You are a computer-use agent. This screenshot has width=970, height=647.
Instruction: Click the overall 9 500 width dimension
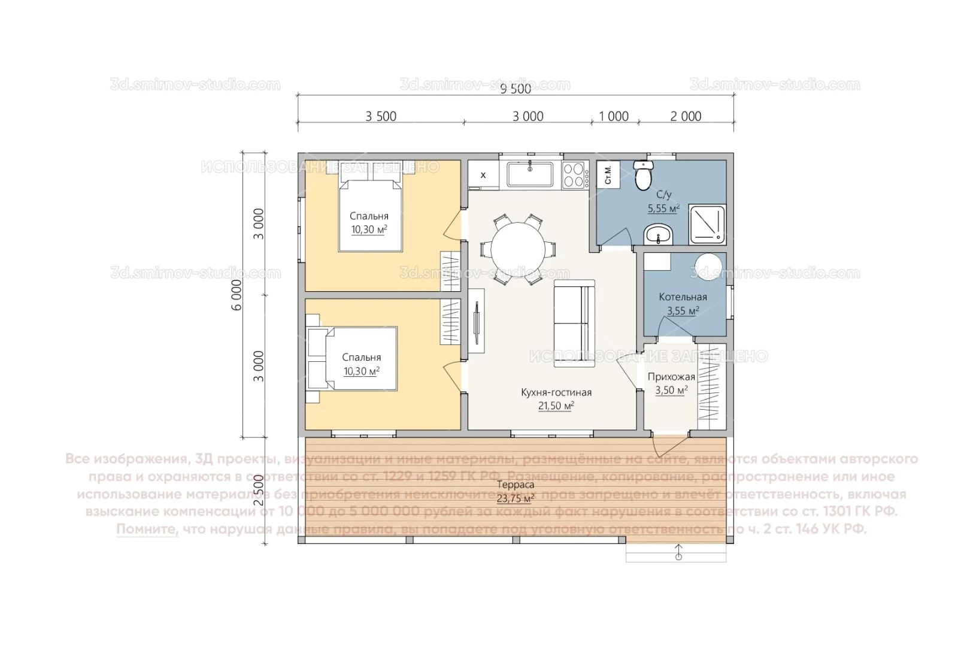click(x=516, y=89)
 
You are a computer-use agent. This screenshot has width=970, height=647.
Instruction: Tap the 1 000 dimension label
click(x=614, y=116)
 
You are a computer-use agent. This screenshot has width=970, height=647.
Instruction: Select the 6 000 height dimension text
click(x=237, y=295)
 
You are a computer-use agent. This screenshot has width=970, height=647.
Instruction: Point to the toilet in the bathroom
click(x=643, y=176)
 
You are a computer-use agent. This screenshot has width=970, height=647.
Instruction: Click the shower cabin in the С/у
click(x=707, y=225)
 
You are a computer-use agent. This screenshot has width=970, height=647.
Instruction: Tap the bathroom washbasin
click(x=659, y=235)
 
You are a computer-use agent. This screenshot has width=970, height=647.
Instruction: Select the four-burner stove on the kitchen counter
click(x=574, y=176)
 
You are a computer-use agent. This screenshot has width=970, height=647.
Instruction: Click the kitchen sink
click(x=531, y=175)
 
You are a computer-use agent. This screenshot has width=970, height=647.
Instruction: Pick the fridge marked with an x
click(x=483, y=175)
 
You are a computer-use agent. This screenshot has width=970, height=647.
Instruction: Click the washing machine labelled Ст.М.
click(x=608, y=175)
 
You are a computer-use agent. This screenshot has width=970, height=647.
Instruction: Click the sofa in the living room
click(x=574, y=323)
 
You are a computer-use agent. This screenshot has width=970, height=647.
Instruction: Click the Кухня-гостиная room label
click(x=556, y=392)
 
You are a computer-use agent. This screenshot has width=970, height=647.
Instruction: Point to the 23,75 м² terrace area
click(x=515, y=498)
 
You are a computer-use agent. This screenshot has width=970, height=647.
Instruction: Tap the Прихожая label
click(x=671, y=377)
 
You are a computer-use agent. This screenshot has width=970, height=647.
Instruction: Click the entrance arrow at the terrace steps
click(x=678, y=552)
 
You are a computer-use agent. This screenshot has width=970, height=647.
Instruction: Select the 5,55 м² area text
click(x=663, y=208)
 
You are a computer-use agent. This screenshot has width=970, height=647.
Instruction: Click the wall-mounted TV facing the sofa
click(x=477, y=321)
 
